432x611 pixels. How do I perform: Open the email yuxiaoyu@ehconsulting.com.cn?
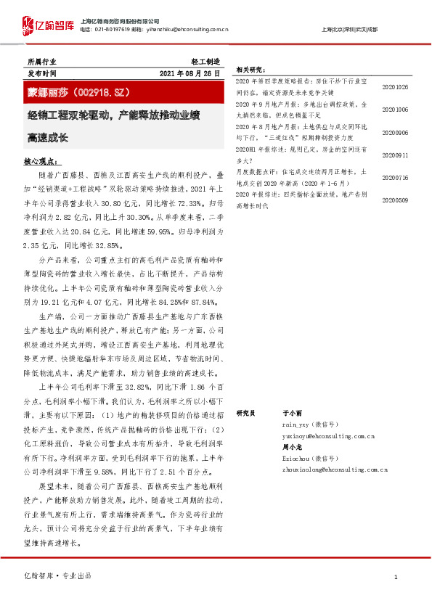327,436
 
